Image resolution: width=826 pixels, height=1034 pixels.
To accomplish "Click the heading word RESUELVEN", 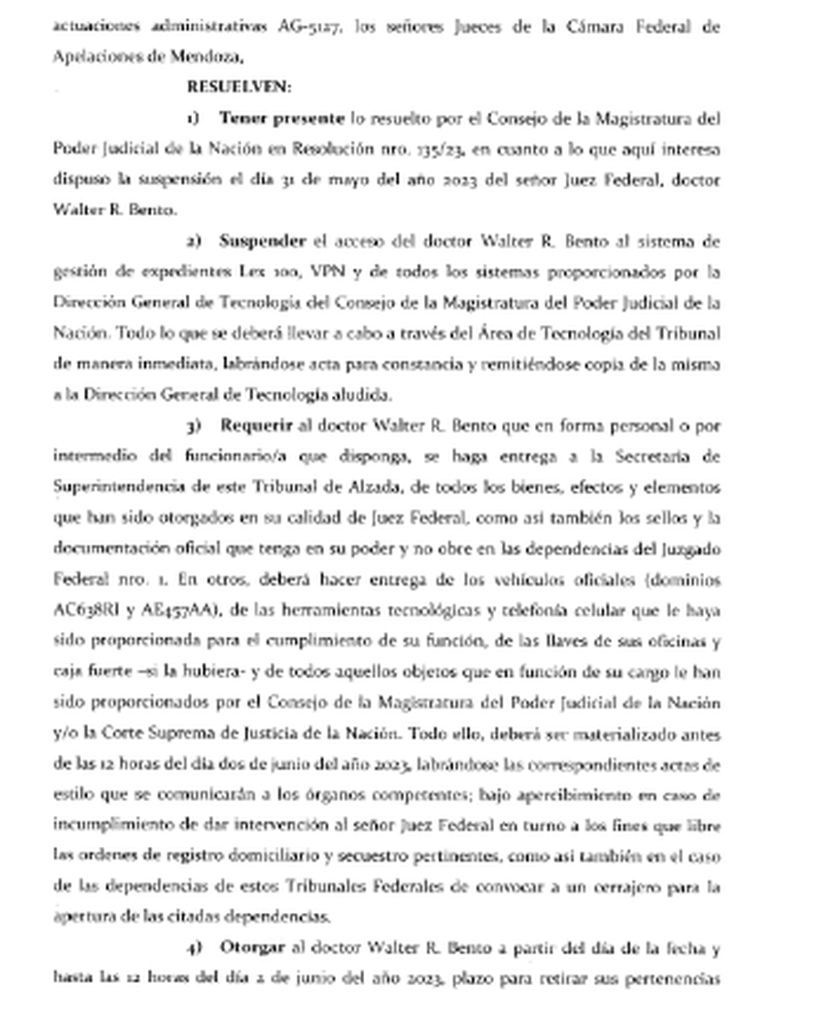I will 238,87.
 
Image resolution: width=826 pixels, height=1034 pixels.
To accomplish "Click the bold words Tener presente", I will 282,118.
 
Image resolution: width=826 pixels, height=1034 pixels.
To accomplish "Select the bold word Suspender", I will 262,241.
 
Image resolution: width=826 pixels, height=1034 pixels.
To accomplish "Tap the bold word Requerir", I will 256,425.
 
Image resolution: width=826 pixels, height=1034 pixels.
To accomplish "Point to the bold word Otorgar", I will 252,947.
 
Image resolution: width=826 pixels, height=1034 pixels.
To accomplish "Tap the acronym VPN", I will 327,271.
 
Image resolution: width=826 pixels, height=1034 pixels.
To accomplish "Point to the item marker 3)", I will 193,426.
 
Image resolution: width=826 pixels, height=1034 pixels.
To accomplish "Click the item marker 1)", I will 193,118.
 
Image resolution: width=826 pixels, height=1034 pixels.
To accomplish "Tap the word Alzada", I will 374,487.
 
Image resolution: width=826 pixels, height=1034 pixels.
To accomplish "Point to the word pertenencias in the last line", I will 672,978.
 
